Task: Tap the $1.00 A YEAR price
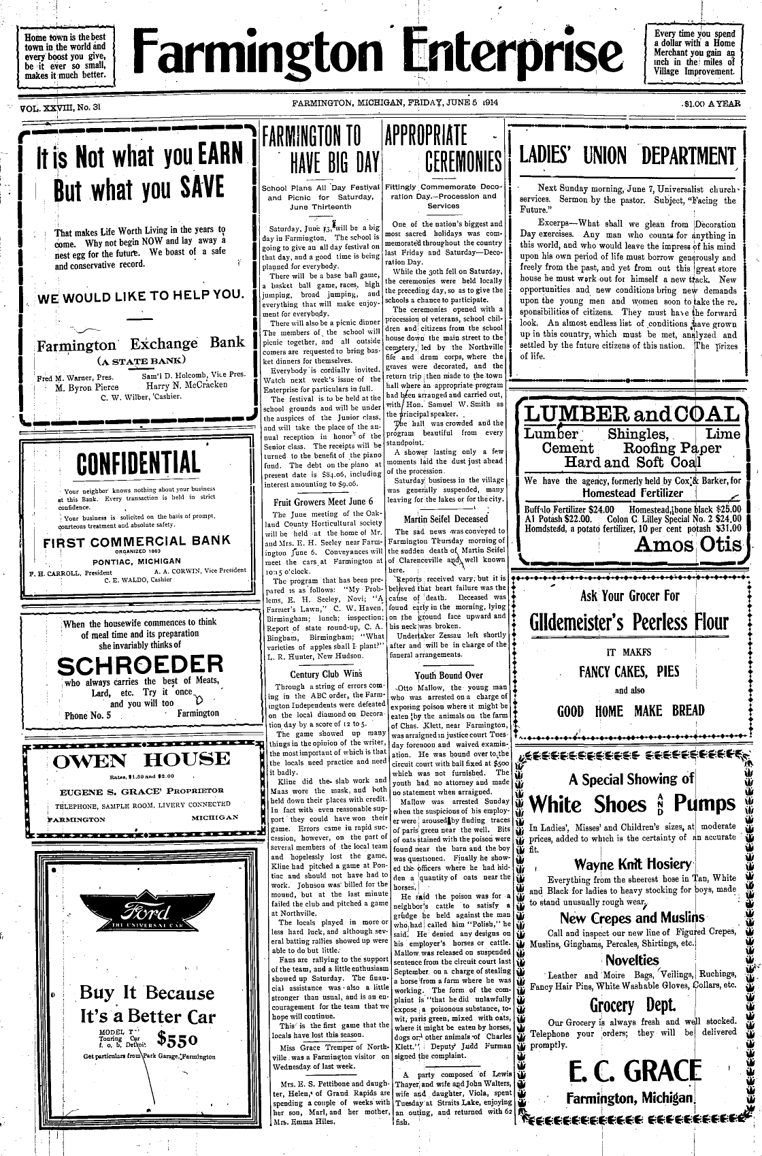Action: click(712, 105)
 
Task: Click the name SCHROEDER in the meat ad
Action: click(140, 664)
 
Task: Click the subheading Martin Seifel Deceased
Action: click(446, 519)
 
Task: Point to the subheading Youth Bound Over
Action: click(448, 675)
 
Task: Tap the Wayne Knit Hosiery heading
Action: click(633, 865)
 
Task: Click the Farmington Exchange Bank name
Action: click(140, 343)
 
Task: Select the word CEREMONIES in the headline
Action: click(462, 163)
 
